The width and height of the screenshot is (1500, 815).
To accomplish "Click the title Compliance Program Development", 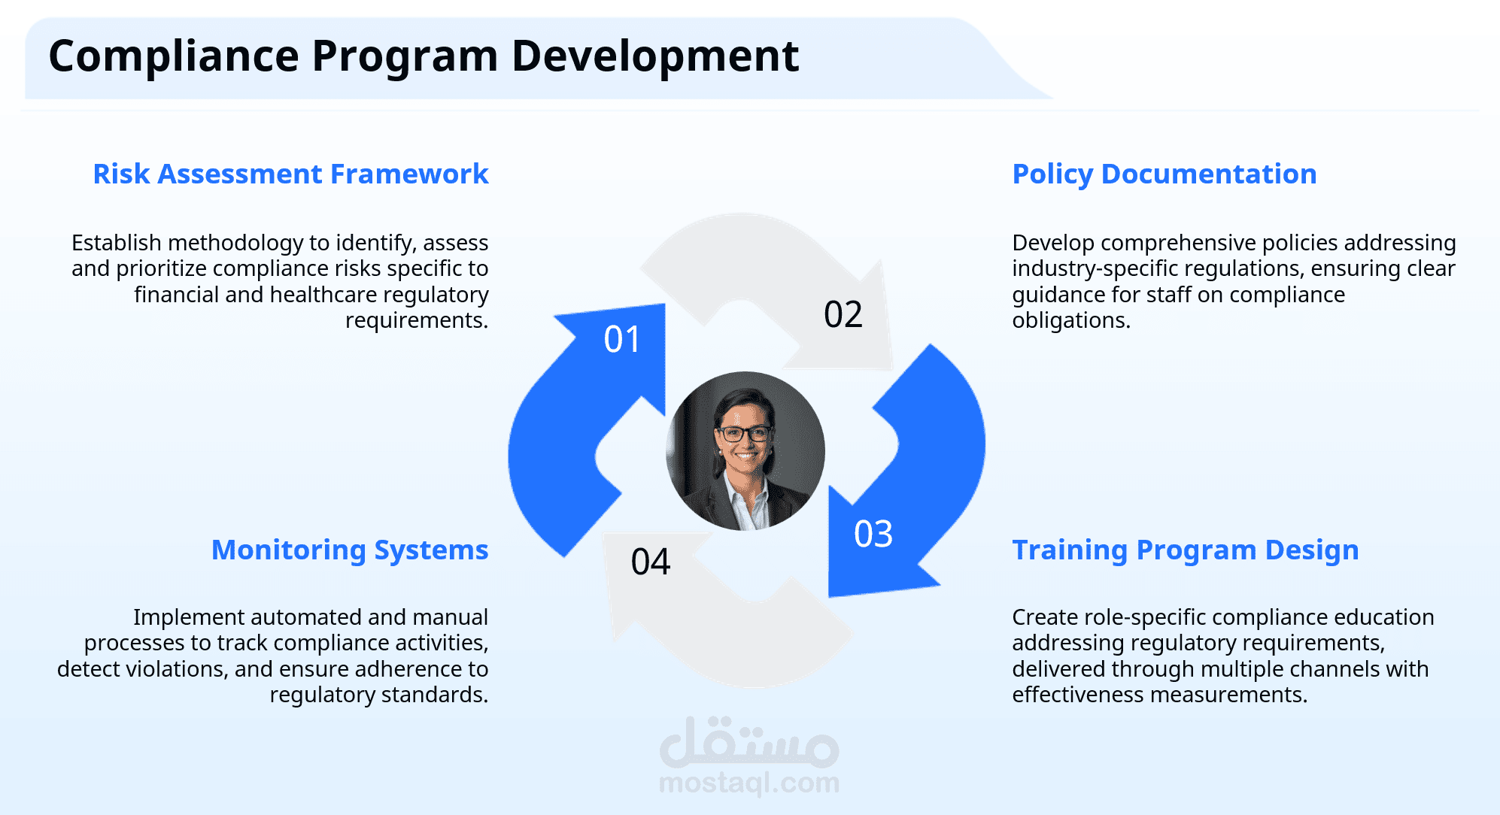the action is click(x=424, y=56).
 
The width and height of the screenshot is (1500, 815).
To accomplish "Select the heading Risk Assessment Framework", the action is click(x=290, y=174).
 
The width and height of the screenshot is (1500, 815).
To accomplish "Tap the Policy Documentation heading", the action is click(x=1164, y=174).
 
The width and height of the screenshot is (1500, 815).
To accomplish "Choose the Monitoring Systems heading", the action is click(x=350, y=550).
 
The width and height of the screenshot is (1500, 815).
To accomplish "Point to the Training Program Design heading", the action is click(x=1186, y=550).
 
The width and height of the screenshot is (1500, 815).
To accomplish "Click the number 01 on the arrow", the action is click(x=622, y=339).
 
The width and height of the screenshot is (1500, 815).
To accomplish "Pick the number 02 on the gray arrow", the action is click(x=843, y=314).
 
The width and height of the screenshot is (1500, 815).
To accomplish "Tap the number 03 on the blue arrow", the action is click(x=873, y=534).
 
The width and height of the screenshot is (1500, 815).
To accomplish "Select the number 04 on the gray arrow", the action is click(x=651, y=562).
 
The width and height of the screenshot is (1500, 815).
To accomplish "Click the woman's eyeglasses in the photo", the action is click(x=745, y=434).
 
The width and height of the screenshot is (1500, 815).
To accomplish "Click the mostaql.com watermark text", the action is click(x=749, y=783).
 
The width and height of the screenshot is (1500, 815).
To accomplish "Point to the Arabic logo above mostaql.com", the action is click(x=749, y=741).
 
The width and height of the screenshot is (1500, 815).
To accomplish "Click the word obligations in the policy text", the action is click(x=1071, y=321).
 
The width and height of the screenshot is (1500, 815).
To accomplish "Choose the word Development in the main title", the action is click(x=655, y=56).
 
